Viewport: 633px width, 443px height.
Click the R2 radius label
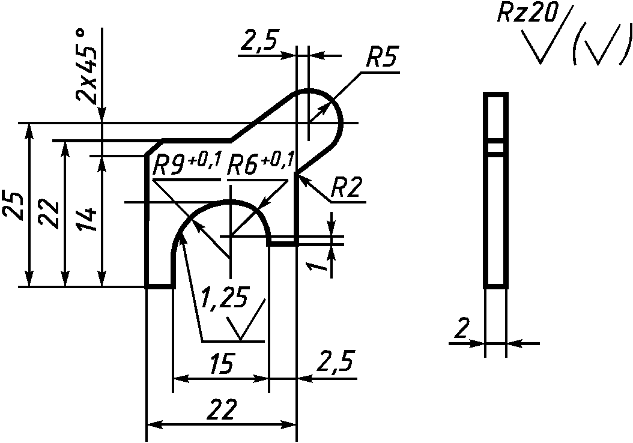(346, 187)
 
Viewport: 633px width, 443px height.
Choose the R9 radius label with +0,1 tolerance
(187, 164)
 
